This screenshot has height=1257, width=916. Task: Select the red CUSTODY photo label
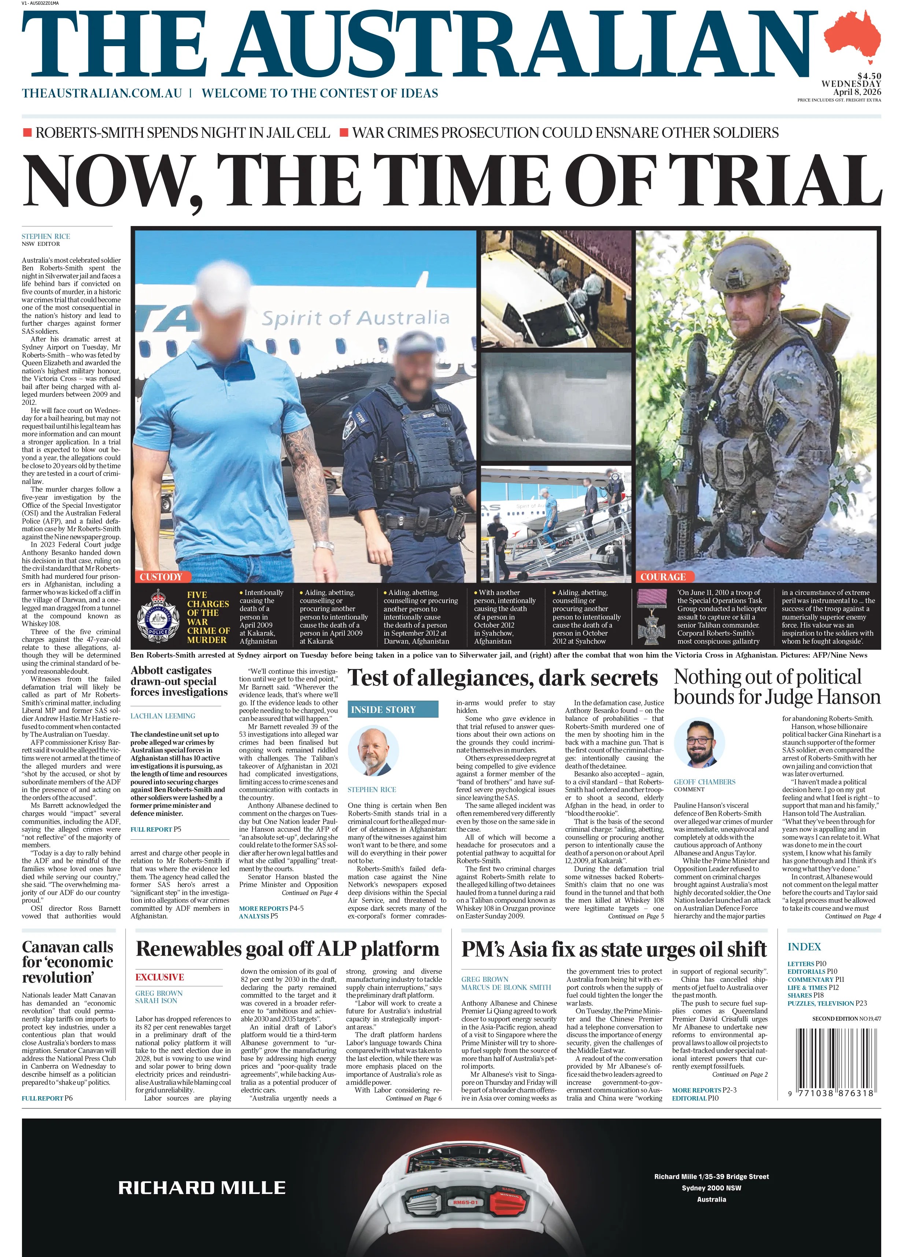(161, 577)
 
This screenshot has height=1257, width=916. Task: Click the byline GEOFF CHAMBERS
(704, 782)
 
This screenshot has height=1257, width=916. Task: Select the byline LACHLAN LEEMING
(163, 716)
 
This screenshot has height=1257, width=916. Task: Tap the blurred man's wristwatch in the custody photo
(323, 546)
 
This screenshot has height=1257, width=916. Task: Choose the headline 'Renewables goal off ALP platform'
(287, 949)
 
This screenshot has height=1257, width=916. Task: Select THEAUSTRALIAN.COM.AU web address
(102, 93)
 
